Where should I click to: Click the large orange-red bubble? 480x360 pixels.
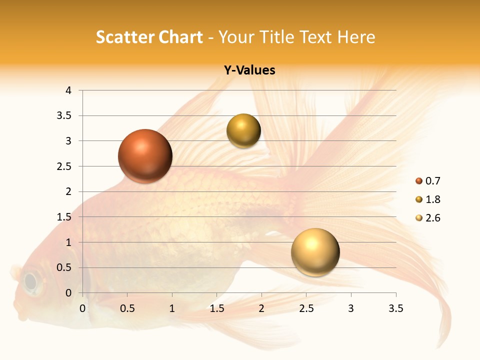tap(145, 156)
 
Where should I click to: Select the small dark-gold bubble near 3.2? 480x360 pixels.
tap(243, 131)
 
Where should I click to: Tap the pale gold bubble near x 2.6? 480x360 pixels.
tap(315, 252)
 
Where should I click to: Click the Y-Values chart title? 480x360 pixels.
tap(249, 70)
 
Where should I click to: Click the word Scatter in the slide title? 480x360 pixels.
tap(124, 37)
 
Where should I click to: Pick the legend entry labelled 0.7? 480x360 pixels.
tap(428, 181)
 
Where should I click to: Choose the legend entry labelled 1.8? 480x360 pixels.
tap(428, 199)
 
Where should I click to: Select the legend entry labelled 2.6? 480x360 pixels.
tap(428, 218)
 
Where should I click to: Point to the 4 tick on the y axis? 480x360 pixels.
tap(69, 90)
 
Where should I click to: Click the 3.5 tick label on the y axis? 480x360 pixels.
tap(65, 116)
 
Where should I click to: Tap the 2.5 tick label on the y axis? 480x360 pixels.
tap(65, 166)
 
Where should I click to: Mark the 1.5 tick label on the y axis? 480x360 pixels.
tap(65, 217)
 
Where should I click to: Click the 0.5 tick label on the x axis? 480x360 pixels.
tap(127, 308)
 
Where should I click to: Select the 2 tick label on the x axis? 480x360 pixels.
tap(261, 308)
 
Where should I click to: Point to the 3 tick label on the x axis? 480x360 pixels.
tap(351, 308)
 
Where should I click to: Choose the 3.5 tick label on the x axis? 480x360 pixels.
tap(395, 308)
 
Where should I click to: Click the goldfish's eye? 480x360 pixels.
tap(31, 281)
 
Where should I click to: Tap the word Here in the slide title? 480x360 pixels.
tap(356, 37)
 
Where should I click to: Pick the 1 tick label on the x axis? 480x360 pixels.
tap(172, 308)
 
